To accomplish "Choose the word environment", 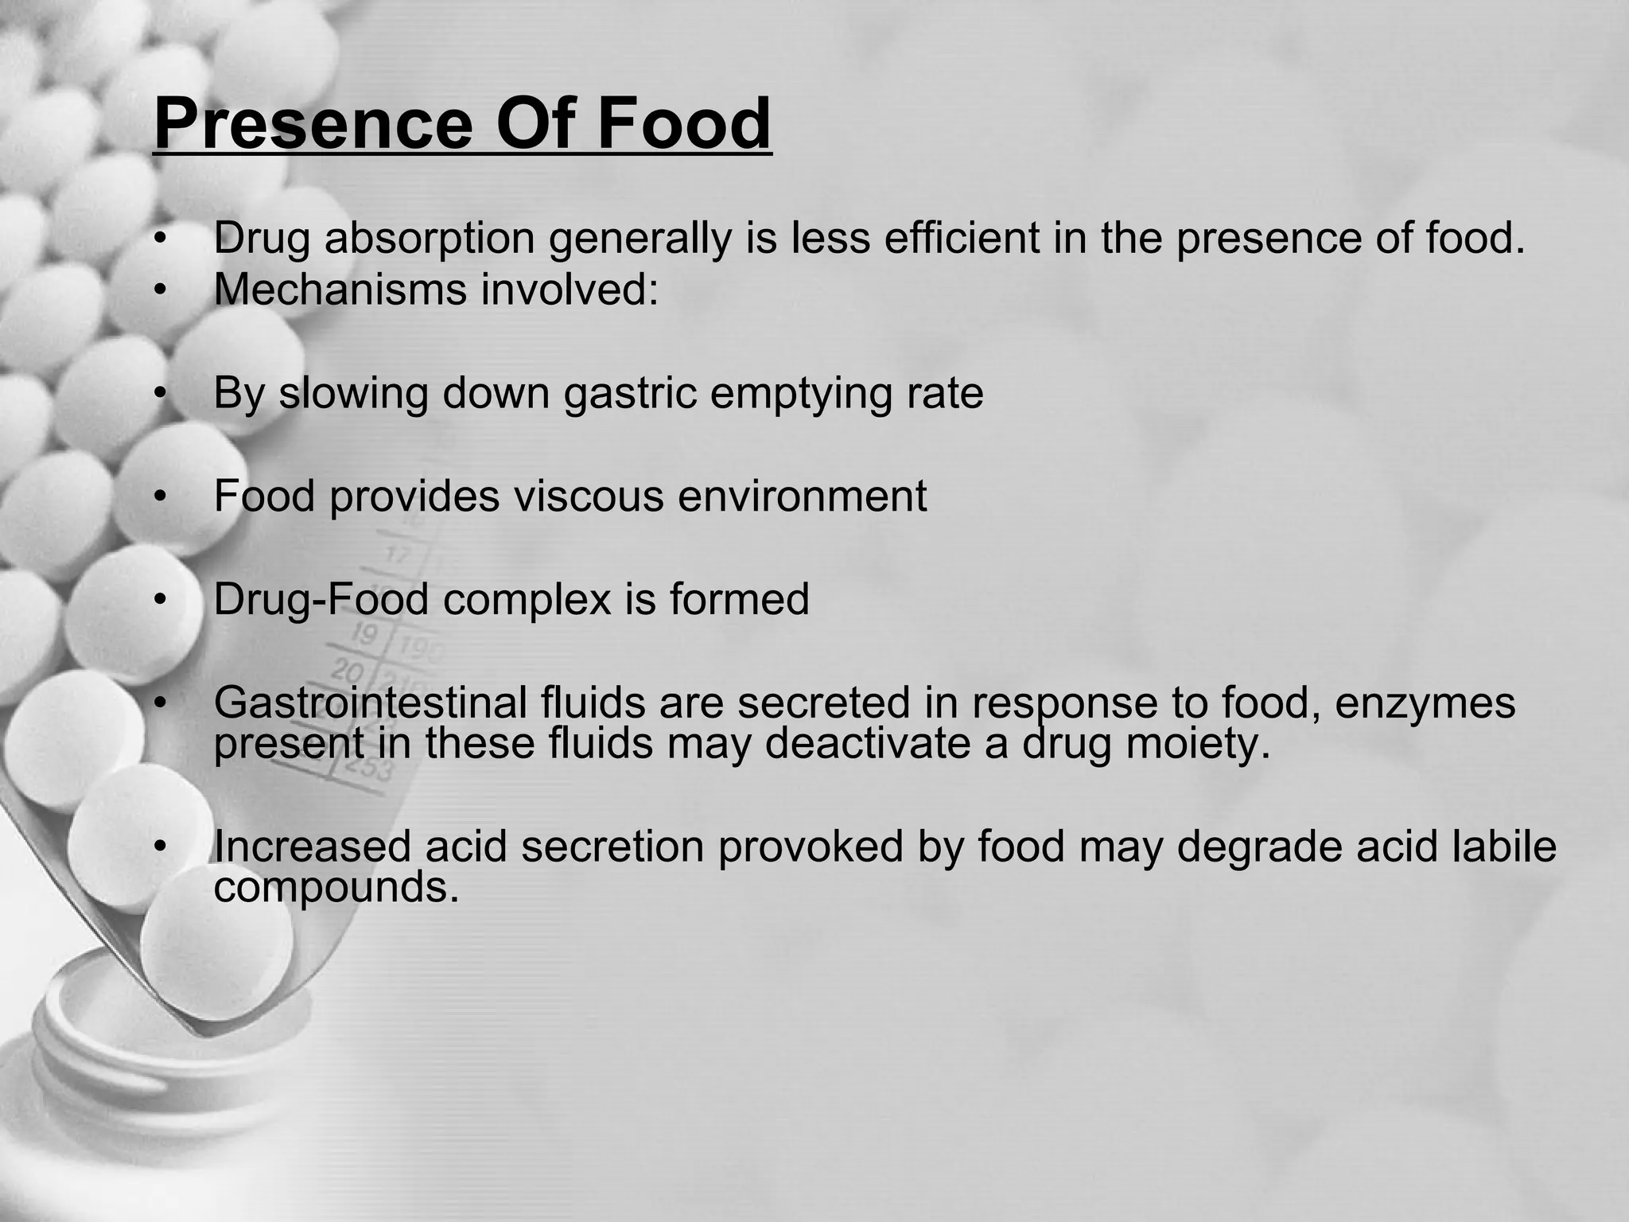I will (803, 496).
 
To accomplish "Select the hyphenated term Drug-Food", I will (321, 598).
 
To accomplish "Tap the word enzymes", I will (1425, 702).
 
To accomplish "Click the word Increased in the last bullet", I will (312, 846).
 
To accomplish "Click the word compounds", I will (336, 887).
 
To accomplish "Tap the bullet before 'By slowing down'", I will (161, 394).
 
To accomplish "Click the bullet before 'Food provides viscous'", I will (161, 497).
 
